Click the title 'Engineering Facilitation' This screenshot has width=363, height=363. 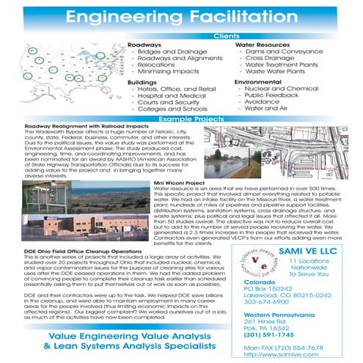click(x=180, y=17)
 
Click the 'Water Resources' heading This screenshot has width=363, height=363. click(x=259, y=45)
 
